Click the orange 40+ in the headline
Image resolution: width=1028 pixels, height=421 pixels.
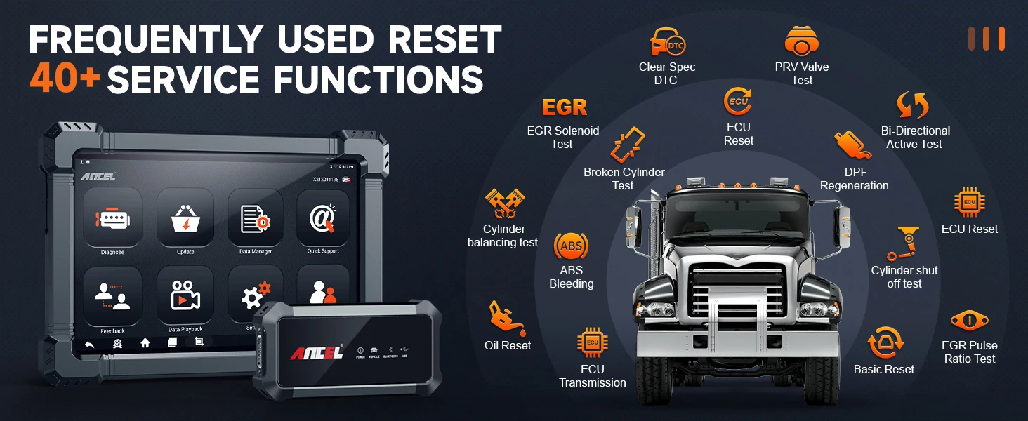(x=65, y=79)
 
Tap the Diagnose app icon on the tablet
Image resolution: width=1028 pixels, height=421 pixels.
(x=112, y=218)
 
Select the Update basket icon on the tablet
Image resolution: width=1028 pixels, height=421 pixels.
(x=185, y=218)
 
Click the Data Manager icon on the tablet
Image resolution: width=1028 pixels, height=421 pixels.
(x=255, y=218)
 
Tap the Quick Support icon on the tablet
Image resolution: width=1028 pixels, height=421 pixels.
(x=323, y=218)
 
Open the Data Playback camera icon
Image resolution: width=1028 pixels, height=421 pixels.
(x=185, y=297)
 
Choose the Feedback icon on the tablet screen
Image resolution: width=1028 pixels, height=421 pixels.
(x=112, y=297)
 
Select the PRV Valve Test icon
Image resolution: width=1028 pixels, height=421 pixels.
(x=801, y=41)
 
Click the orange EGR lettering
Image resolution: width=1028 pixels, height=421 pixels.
(x=565, y=107)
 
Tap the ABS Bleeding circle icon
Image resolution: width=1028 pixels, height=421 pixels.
(x=571, y=246)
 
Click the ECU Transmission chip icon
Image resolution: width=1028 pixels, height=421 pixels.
(x=592, y=343)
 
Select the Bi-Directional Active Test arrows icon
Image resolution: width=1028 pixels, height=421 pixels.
(x=914, y=105)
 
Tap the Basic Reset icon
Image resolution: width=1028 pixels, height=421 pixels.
(x=884, y=344)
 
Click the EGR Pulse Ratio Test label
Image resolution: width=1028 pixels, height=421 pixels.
(x=969, y=352)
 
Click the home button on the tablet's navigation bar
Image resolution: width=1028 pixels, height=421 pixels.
(x=145, y=342)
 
